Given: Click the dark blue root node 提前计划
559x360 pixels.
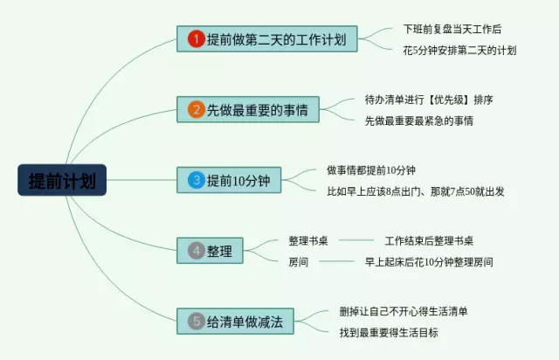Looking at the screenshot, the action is point(62,180).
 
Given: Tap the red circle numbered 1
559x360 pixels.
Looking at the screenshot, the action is point(196,39).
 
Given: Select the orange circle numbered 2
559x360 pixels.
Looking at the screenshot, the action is point(196,109).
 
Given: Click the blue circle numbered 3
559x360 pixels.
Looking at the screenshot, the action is point(196,180).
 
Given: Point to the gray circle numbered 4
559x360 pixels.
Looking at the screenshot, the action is point(196,251).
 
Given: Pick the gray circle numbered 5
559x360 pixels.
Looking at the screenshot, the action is point(196,322).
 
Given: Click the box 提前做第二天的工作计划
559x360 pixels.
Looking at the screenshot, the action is point(267,39).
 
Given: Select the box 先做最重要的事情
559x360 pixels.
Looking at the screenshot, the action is point(248,109).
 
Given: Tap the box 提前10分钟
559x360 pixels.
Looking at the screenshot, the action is point(229,180).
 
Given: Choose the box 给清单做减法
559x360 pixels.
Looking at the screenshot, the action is point(235,322).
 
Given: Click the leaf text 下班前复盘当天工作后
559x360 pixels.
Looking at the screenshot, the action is point(452,29).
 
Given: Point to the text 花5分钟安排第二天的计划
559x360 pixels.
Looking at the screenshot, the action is point(459,51).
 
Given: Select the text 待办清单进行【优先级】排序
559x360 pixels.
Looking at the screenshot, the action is point(429,100).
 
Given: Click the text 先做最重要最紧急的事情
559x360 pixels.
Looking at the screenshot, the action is point(419,121).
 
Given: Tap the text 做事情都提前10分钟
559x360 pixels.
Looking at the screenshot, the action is point(371,170).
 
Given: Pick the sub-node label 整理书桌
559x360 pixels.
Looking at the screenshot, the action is point(308,241).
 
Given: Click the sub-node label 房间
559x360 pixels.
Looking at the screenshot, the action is point(298,262).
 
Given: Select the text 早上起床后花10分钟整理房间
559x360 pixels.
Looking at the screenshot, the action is point(429,262).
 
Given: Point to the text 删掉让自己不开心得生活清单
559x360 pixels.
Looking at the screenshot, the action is point(404,311).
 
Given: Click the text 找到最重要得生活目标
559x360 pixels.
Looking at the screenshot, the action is point(389,333).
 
